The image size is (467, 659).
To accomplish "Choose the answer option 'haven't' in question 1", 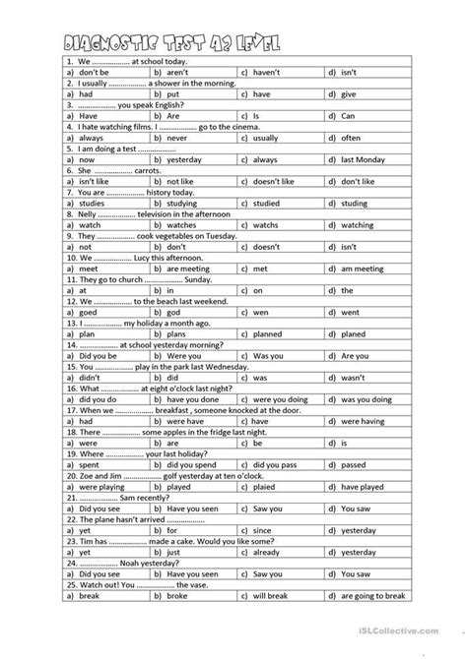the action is pyautogui.click(x=267, y=72).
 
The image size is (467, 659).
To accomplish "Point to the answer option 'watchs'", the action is pyautogui.click(x=267, y=228).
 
